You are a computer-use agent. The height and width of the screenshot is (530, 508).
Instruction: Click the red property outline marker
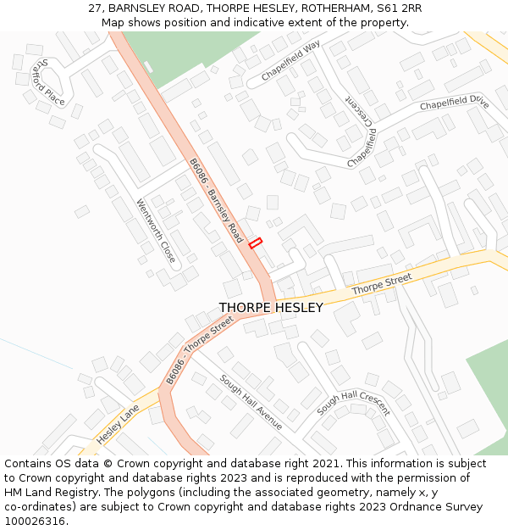[256, 243]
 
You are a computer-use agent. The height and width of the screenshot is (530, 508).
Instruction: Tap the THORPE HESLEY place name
[271, 308]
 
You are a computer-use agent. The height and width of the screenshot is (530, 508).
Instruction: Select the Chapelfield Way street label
[290, 62]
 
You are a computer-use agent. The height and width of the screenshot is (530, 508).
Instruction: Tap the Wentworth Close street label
[156, 231]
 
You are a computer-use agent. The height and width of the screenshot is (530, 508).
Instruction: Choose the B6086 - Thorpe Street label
[200, 347]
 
